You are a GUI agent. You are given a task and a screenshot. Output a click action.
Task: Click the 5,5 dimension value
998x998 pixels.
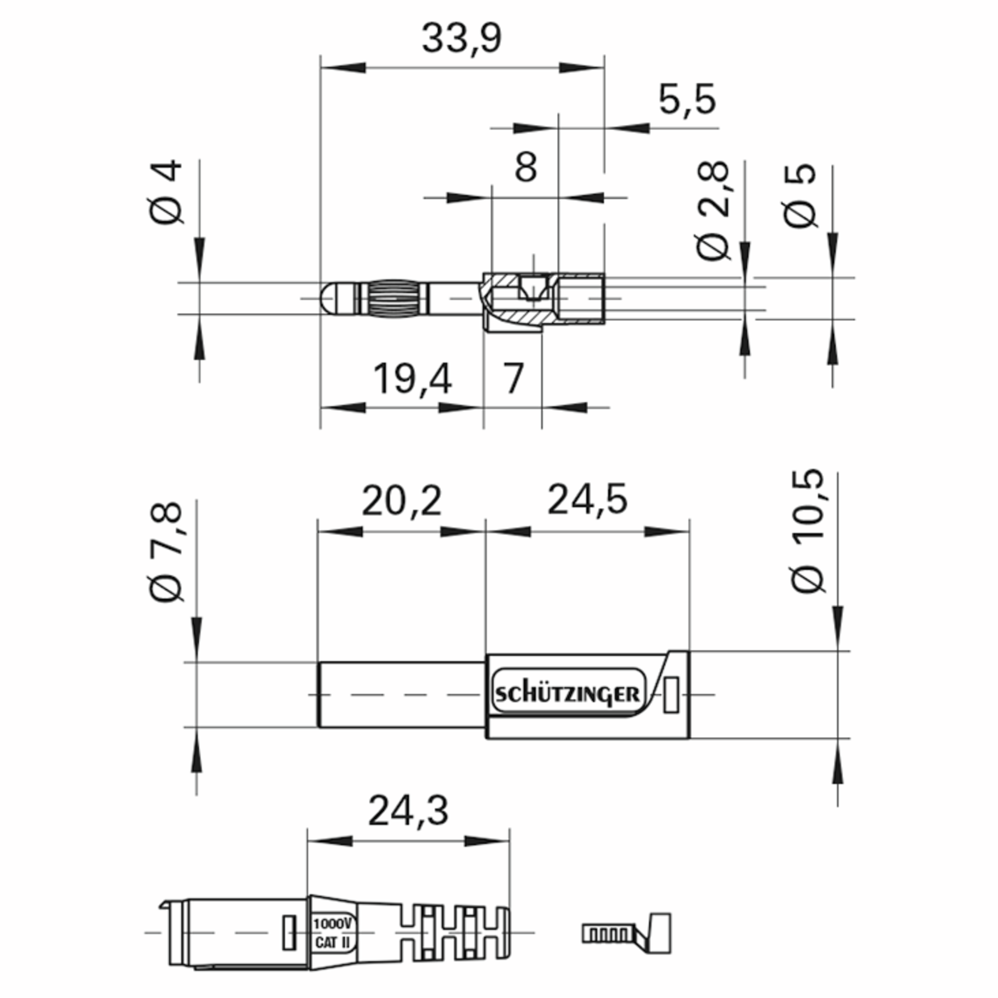[687, 101]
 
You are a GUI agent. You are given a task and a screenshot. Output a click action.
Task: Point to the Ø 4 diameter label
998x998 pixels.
[167, 192]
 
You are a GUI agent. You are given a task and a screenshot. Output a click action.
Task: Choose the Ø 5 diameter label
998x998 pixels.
[800, 196]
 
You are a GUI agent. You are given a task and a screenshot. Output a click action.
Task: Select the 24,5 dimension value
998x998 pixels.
[587, 499]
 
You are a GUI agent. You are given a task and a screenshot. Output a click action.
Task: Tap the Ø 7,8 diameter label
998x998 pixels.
[166, 552]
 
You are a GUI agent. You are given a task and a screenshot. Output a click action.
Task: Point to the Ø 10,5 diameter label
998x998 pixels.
[808, 532]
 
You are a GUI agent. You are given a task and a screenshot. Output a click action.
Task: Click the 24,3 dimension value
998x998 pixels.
[408, 810]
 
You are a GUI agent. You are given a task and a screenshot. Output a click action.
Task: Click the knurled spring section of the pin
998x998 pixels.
[398, 298]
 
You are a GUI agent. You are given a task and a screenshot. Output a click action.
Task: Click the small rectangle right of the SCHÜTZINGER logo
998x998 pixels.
[671, 695]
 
